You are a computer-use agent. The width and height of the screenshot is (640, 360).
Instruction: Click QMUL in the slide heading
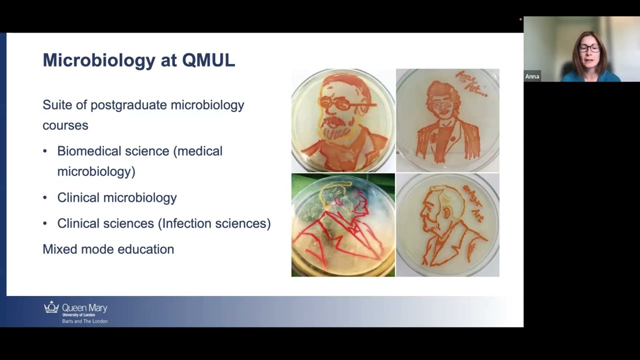(208, 60)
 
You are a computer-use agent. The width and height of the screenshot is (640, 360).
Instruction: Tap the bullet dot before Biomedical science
(45, 151)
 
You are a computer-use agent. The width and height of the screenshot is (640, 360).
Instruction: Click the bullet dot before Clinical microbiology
(45, 197)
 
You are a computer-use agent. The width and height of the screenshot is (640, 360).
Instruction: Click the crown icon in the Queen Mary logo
(51, 307)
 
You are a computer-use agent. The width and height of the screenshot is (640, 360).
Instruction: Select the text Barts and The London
(84, 321)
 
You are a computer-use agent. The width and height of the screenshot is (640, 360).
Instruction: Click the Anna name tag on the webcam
(532, 76)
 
